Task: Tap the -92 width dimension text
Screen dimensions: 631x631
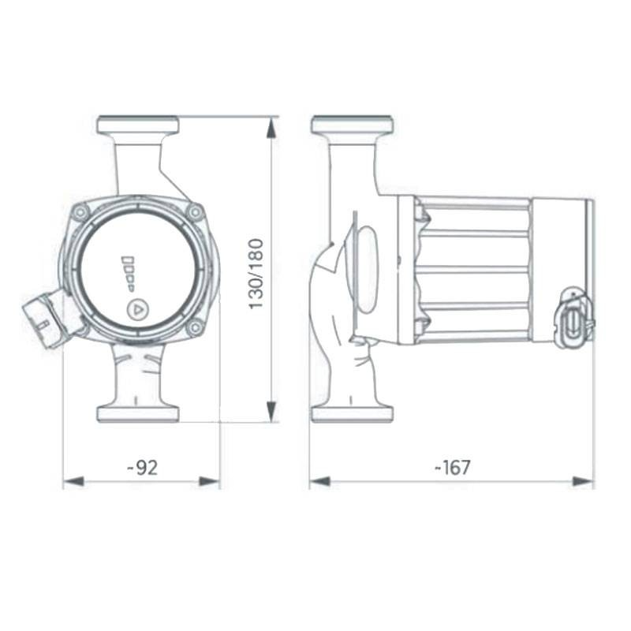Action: tap(143, 468)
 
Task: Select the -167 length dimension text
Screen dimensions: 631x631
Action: tap(452, 468)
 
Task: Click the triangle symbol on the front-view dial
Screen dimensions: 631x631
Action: tap(136, 308)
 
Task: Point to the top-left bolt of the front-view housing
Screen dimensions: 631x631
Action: tap(80, 212)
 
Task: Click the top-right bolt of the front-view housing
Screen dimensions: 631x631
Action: tap(194, 212)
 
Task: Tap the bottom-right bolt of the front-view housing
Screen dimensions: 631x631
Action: tap(194, 327)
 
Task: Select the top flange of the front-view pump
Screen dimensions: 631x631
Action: tap(137, 125)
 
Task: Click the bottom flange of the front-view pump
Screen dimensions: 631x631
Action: tap(137, 413)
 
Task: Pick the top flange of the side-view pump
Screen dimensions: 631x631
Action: tap(352, 125)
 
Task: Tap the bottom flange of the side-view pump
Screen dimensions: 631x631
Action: tap(352, 413)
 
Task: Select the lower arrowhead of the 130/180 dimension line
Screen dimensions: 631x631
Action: tap(271, 412)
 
